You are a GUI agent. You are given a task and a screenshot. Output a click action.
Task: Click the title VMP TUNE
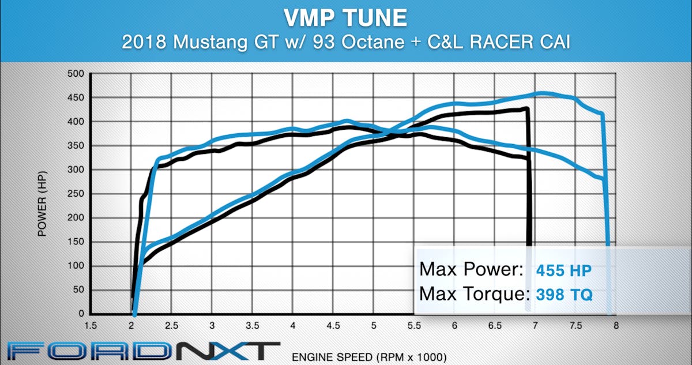click(x=345, y=18)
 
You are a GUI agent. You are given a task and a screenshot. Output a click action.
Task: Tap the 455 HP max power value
click(x=563, y=270)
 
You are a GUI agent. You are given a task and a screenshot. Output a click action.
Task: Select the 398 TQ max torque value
click(x=563, y=295)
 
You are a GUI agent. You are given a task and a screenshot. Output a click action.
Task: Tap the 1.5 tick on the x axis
click(x=91, y=325)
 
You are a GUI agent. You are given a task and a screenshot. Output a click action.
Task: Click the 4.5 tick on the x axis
click(x=333, y=325)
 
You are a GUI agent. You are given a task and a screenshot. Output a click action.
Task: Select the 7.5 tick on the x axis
click(x=576, y=325)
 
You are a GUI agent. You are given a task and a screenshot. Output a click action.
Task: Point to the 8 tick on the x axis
click(x=616, y=325)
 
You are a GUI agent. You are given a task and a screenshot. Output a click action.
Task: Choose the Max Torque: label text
click(x=474, y=295)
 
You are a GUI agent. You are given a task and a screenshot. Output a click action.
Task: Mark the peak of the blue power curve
click(x=542, y=92)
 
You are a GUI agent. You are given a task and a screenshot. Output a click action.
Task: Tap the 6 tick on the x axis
click(x=454, y=325)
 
